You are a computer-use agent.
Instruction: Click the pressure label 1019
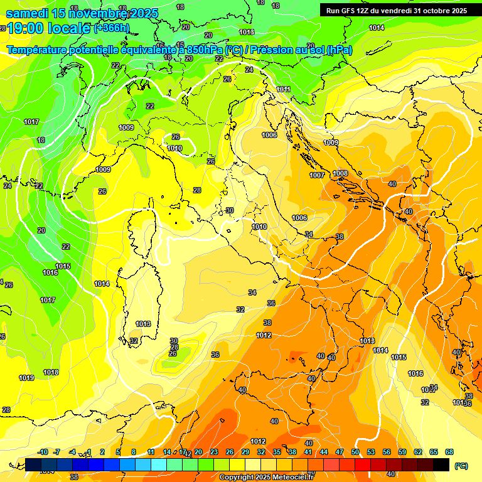26,378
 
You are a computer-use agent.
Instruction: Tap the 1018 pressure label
51,372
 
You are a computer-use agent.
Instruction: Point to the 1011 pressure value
284,90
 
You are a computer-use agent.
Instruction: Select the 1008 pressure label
340,173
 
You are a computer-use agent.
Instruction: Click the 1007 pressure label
317,175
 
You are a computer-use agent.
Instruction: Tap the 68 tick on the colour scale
449,452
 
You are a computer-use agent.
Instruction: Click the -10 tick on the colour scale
43,452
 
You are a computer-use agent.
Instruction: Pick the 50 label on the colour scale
355,452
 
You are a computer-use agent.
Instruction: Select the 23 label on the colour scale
214,452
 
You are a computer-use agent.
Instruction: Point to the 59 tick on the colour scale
402,452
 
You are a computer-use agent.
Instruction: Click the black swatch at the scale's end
441,464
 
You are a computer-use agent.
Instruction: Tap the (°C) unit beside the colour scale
461,466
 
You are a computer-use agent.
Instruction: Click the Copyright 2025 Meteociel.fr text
267,477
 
